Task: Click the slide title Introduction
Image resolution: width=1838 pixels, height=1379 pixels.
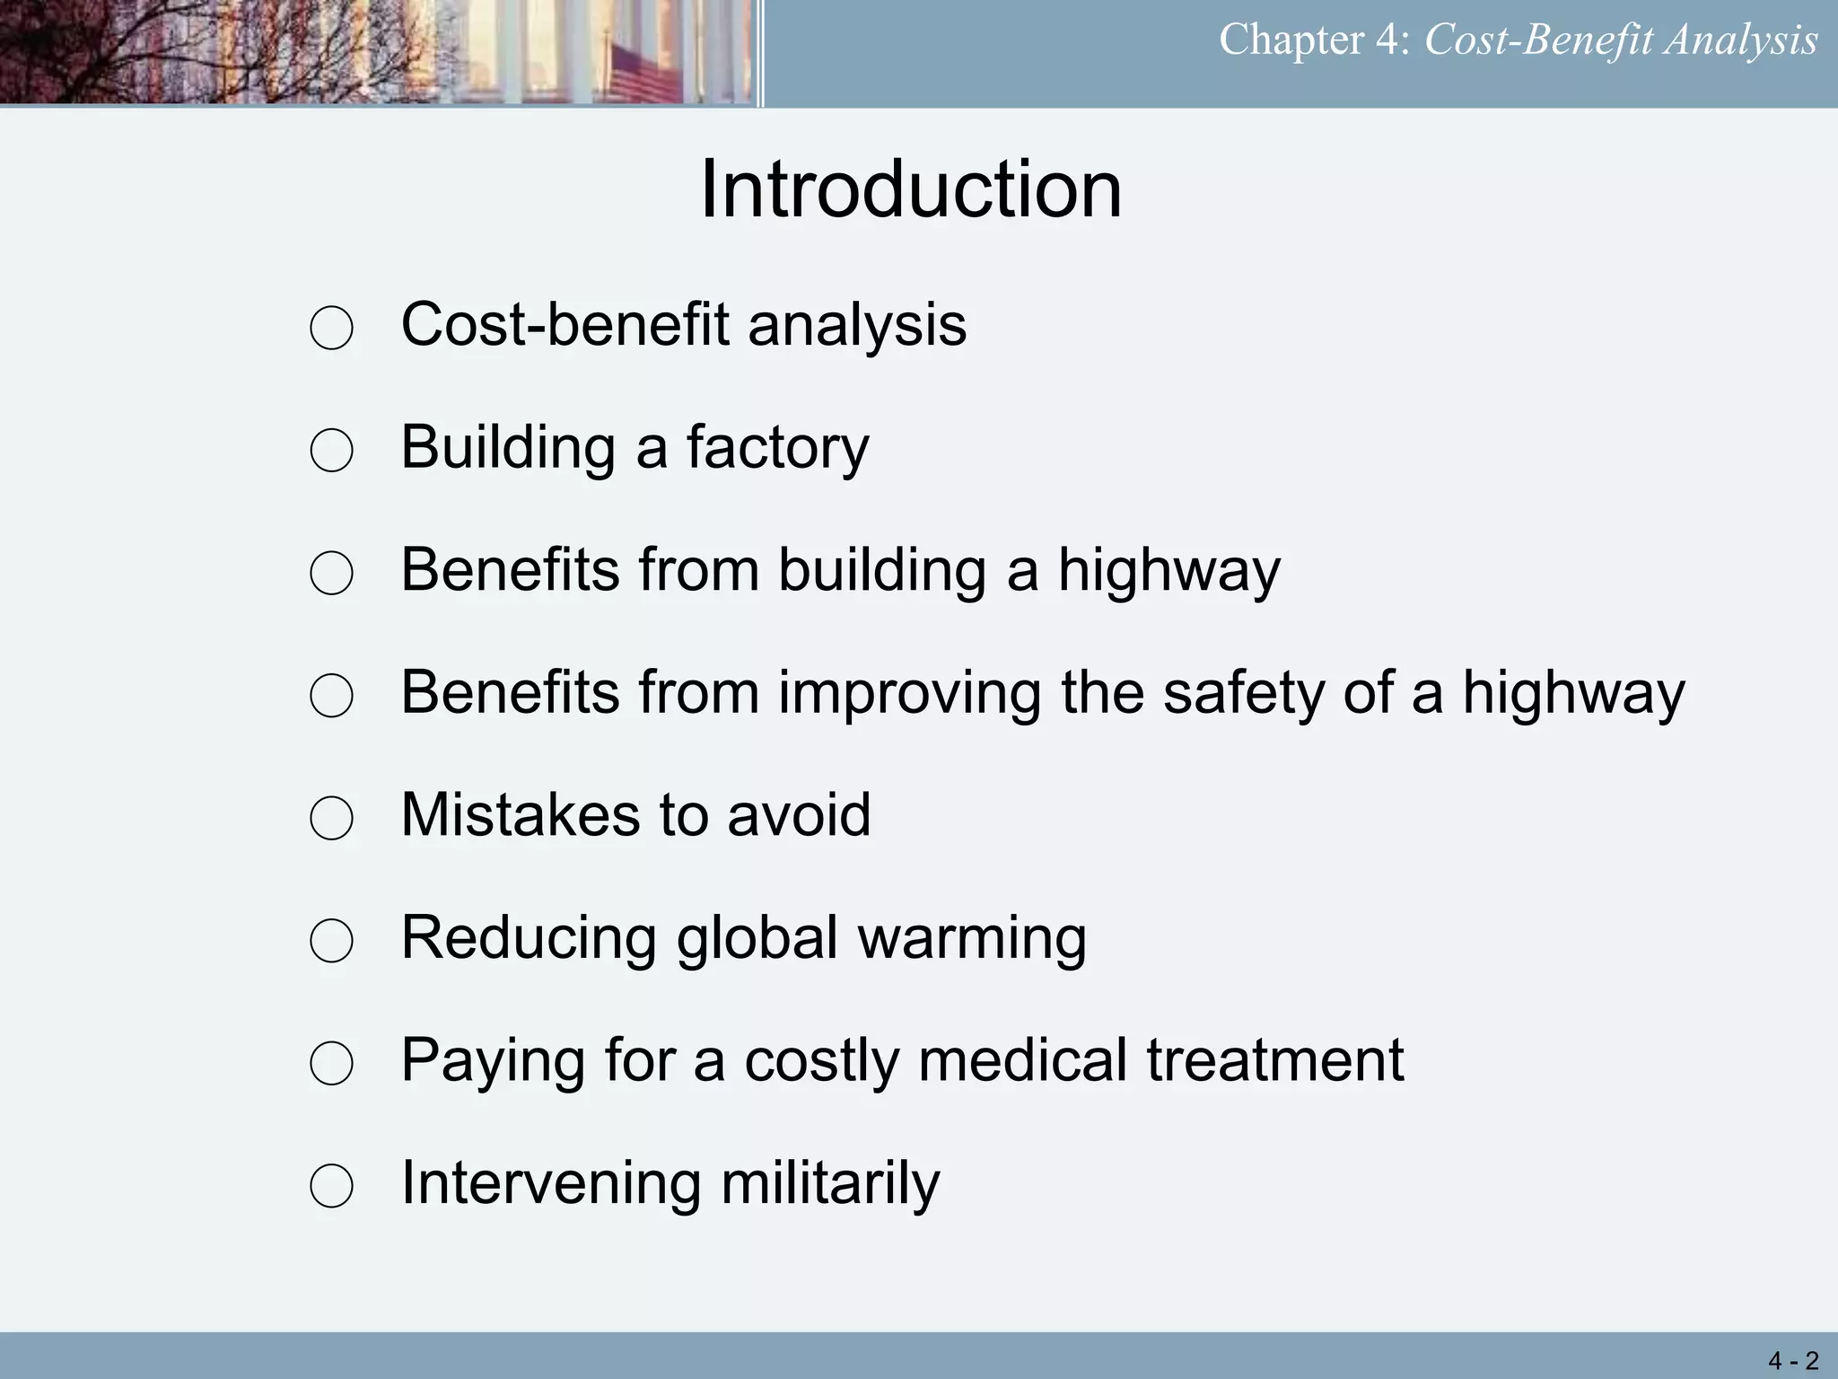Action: point(910,189)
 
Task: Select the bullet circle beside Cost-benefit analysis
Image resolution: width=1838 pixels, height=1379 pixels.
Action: point(331,328)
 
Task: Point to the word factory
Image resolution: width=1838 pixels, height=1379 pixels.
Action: point(777,448)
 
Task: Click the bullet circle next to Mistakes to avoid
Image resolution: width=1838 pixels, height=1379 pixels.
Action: point(331,818)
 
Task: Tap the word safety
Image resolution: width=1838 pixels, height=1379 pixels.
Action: point(1243,694)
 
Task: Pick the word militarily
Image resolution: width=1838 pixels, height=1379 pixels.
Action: point(830,1183)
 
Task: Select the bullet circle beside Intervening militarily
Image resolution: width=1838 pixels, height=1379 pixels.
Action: point(331,1186)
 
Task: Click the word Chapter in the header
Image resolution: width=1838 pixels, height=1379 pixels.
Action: point(1291,40)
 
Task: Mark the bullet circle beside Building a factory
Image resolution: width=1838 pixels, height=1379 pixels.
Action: point(331,450)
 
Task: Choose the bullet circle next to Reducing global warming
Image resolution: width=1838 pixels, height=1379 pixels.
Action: point(331,941)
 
